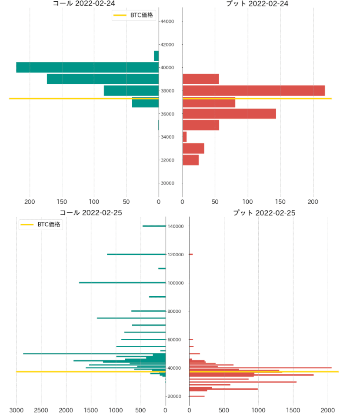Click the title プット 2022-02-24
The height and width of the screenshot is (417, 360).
click(x=257, y=3)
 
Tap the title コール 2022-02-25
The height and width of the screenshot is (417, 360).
click(x=91, y=213)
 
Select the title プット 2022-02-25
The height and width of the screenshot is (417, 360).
click(x=264, y=213)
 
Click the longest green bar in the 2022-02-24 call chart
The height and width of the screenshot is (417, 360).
click(x=87, y=67)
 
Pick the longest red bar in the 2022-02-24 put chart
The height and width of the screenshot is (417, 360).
click(x=253, y=90)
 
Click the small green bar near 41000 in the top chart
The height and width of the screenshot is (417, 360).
click(x=156, y=56)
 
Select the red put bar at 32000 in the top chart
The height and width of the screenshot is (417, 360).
click(x=190, y=160)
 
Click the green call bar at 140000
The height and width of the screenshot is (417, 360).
click(x=154, y=226)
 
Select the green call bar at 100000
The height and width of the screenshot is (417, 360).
click(x=122, y=283)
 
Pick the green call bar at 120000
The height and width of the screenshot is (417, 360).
click(x=136, y=254)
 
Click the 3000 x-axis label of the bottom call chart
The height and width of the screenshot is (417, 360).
click(x=17, y=410)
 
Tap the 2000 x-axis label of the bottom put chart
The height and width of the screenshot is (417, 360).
click(x=328, y=410)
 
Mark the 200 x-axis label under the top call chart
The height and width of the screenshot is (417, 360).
click(x=30, y=202)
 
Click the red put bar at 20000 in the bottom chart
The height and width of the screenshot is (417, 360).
click(x=197, y=396)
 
